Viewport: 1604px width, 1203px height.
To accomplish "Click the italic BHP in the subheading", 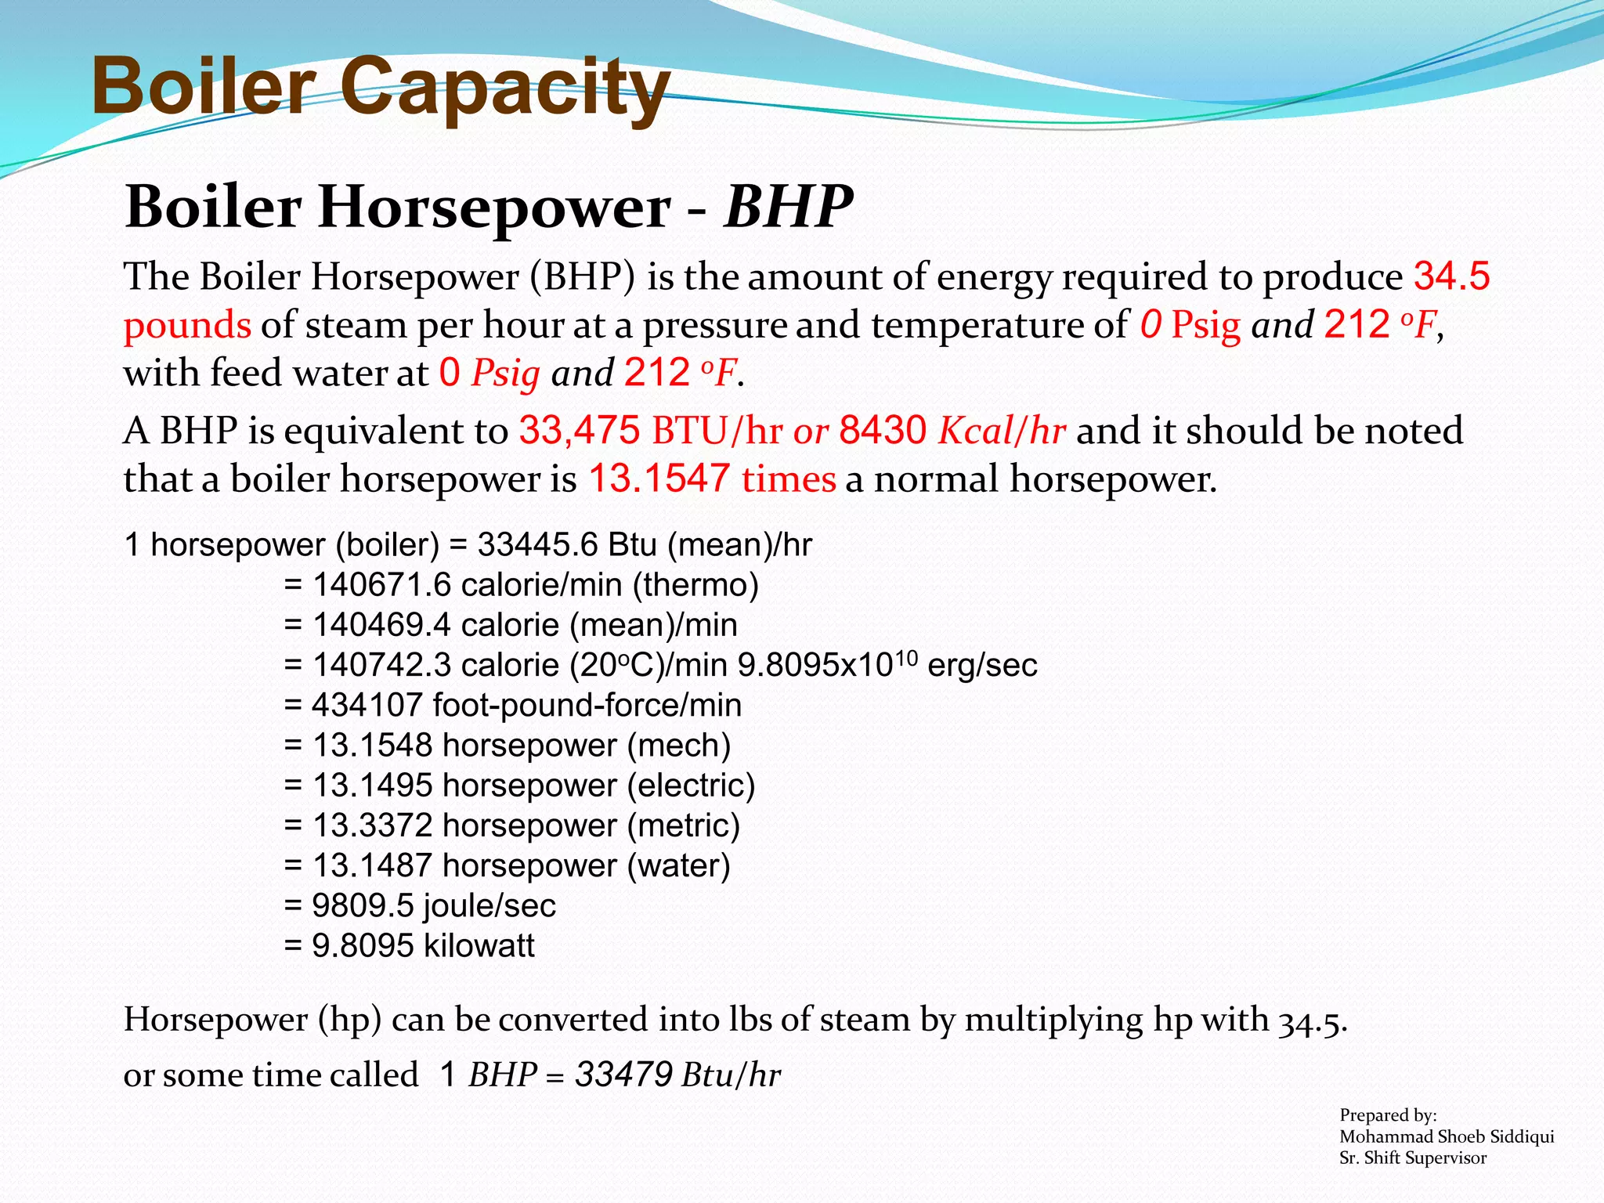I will click(788, 207).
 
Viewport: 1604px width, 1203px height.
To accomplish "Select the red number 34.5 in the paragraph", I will click(1451, 276).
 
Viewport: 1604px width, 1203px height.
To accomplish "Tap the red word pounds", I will click(187, 325).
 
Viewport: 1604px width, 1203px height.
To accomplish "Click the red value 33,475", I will click(580, 431).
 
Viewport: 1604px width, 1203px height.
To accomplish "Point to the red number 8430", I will click(883, 431).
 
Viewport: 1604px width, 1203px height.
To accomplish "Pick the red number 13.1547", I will click(659, 479).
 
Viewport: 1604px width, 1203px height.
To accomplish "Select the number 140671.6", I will click(381, 585).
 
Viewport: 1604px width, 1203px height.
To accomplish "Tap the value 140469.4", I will click(381, 625).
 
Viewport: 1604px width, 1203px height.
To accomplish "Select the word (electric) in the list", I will click(691, 786).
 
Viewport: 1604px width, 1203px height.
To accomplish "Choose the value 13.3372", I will click(372, 825).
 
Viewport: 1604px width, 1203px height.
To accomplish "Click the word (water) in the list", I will click(678, 865).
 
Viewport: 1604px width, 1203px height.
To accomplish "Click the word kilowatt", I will click(479, 946).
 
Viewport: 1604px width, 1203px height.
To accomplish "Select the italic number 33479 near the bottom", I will click(623, 1075).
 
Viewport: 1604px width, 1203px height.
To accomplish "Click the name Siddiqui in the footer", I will click(1522, 1136).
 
